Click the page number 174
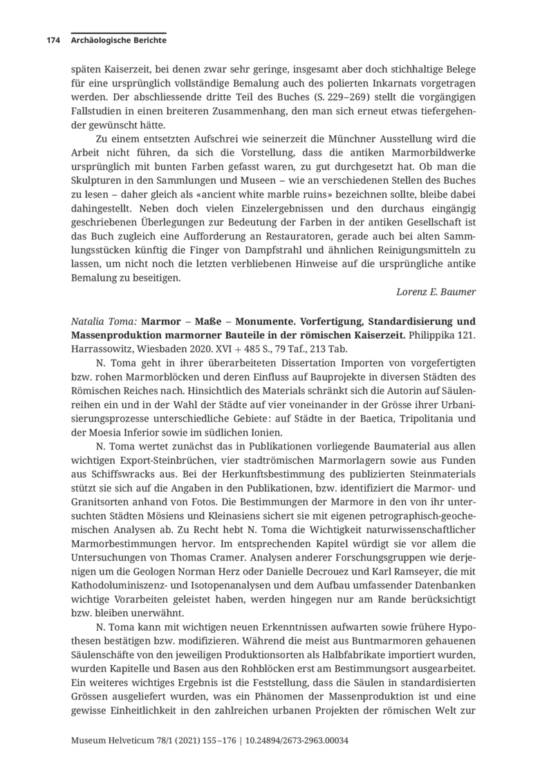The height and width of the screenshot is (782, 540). coord(53,41)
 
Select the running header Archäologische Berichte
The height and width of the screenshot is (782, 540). coord(118,41)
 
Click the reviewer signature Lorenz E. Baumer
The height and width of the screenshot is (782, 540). coord(436,292)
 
